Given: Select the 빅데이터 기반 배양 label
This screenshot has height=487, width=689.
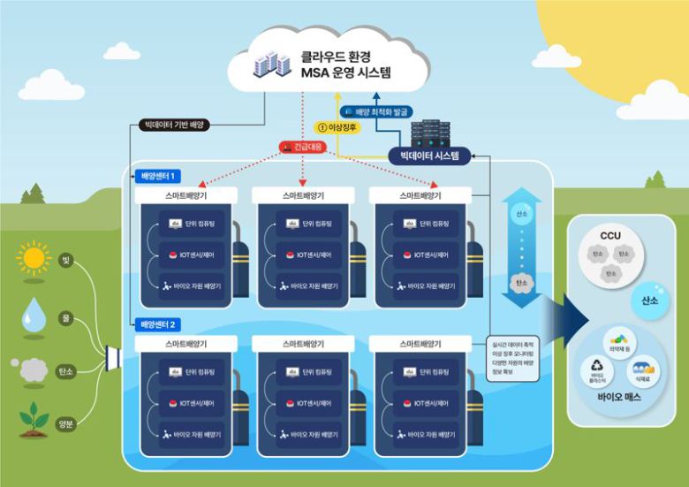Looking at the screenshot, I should tap(174, 126).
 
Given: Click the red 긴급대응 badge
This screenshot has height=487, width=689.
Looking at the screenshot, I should tap(303, 147).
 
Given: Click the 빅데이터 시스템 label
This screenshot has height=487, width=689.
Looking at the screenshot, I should tap(429, 156).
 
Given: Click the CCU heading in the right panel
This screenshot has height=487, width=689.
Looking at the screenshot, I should tap(610, 236).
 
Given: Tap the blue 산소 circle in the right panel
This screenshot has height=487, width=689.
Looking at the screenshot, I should tap(649, 301).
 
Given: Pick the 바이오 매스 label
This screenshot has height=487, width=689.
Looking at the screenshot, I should tap(619, 397).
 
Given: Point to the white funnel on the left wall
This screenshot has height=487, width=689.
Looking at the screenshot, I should tap(112, 358).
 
